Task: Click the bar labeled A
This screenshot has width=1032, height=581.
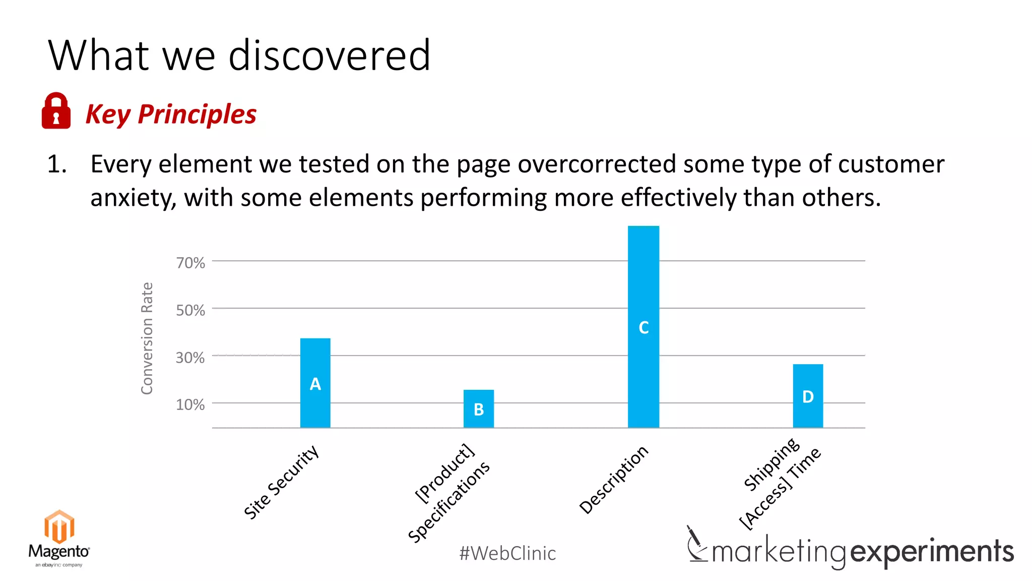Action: tap(315, 383)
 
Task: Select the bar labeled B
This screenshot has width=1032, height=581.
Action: tap(478, 409)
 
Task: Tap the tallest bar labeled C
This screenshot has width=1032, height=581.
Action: tap(643, 327)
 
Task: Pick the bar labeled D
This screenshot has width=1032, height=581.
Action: tap(807, 396)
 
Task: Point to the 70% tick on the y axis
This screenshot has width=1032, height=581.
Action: tap(190, 263)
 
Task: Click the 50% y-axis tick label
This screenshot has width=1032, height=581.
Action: tap(190, 310)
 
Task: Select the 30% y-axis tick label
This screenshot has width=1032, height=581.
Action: tap(190, 358)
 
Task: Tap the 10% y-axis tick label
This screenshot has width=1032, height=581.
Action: tap(190, 404)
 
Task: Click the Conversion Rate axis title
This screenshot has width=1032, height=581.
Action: tap(147, 338)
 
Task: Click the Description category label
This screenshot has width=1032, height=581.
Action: tap(613, 480)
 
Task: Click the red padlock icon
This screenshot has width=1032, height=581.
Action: tap(56, 111)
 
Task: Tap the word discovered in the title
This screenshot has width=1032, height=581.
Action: tap(330, 55)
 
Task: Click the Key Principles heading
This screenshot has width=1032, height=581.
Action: tap(171, 114)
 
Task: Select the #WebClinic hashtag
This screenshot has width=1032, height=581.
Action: tap(507, 553)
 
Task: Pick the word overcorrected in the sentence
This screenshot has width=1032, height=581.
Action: tap(597, 164)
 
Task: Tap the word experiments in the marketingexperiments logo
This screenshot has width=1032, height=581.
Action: tap(932, 552)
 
